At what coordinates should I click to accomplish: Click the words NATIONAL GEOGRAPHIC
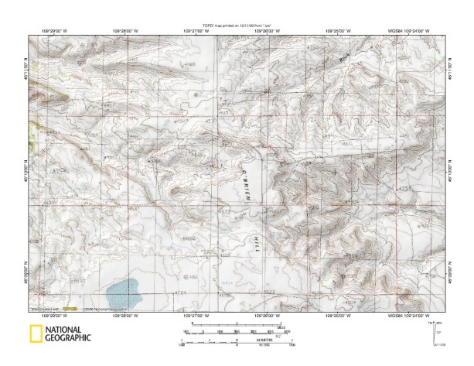pyautogui.click(x=68, y=334)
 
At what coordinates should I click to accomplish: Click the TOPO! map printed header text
pyautogui.click(x=237, y=26)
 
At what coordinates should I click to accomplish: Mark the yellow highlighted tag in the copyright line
pyautogui.click(x=70, y=309)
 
